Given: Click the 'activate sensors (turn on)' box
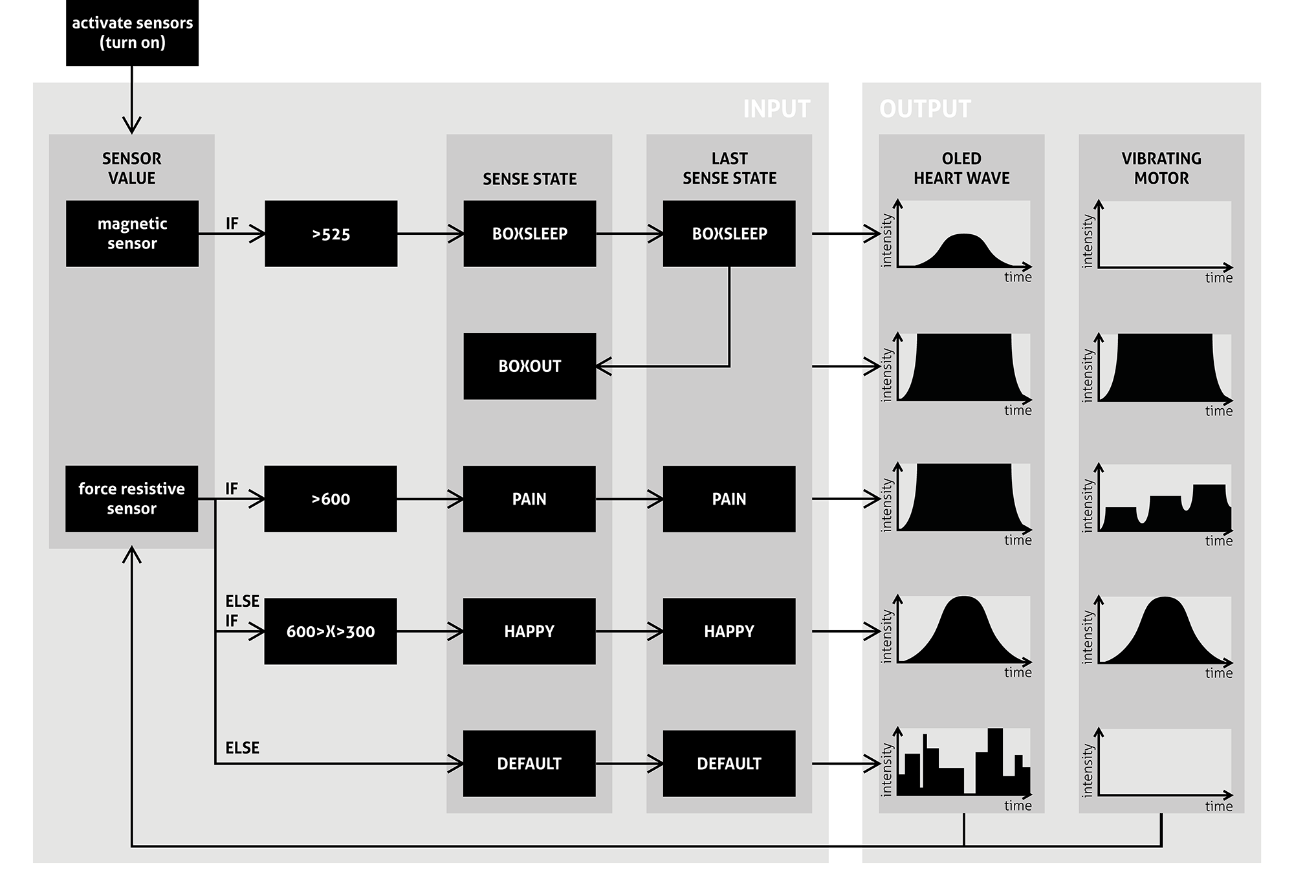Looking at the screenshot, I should coord(132,32).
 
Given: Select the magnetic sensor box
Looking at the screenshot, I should coord(132,234).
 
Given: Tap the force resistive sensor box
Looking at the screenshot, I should coord(131,499).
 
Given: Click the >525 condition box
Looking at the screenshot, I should coord(331,234).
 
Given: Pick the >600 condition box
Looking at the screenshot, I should coord(331,499).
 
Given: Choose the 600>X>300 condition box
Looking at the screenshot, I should coord(331,631).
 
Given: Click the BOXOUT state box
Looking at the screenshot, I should coord(529,366).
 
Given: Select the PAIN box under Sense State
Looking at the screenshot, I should coord(529,499).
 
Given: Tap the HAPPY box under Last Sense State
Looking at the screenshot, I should coord(729,631).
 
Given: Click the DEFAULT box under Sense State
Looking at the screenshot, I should coord(529,763).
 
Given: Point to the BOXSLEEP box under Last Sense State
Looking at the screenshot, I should coord(729,234).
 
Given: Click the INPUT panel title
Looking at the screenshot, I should coord(776,109).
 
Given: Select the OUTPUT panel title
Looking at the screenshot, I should coord(925,109).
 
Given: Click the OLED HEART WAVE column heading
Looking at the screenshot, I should coord(961,168).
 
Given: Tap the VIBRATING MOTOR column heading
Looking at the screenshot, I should coord(1161,168).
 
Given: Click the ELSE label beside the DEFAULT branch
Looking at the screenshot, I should coord(242,748).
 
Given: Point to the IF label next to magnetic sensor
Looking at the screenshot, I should coord(232,224).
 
